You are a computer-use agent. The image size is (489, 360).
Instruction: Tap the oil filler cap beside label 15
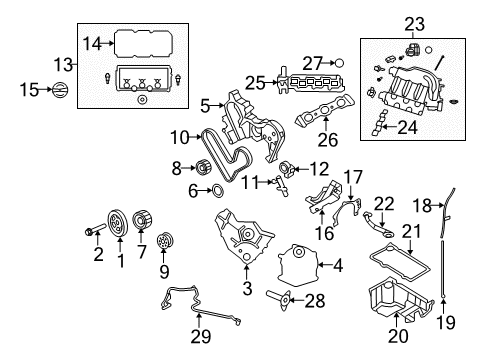coord(59,91)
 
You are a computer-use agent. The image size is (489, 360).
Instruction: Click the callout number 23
coord(413,21)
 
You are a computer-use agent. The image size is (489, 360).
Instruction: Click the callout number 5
coord(205,103)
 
